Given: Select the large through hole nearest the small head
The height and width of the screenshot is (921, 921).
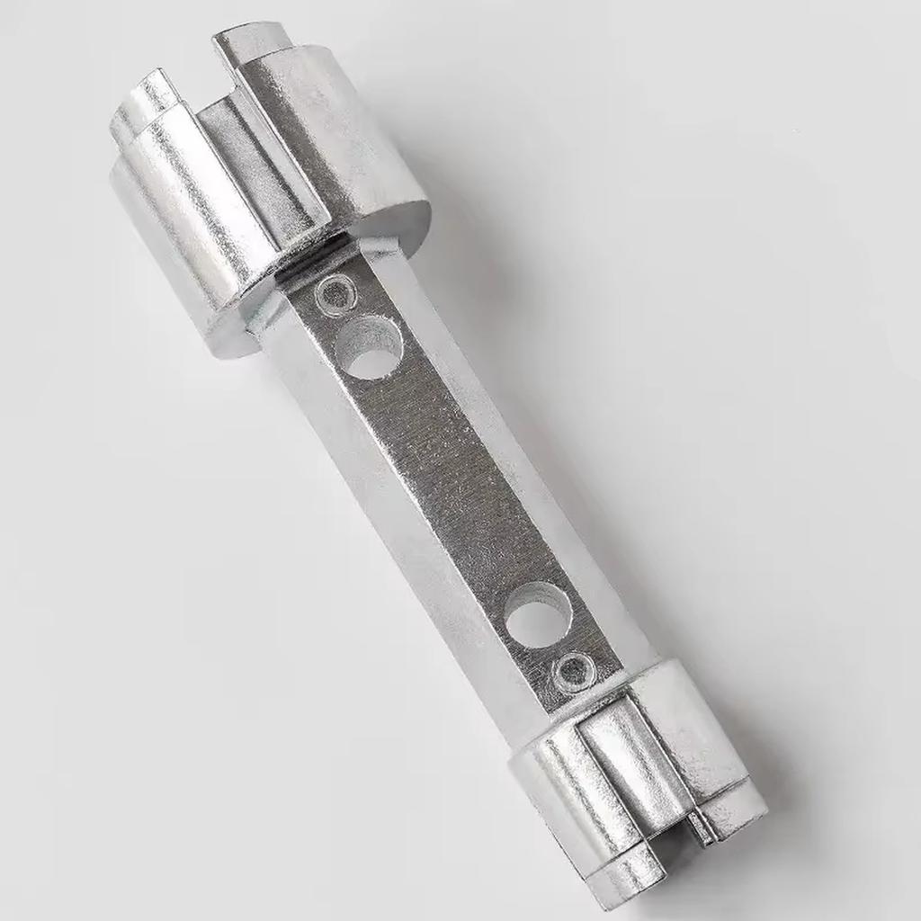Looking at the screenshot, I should [540, 614].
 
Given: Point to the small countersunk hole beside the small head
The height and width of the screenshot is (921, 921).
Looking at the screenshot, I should [573, 669].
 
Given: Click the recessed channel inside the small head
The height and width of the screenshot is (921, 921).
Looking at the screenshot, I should [630, 756].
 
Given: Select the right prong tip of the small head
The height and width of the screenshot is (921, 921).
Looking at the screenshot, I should [738, 814].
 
